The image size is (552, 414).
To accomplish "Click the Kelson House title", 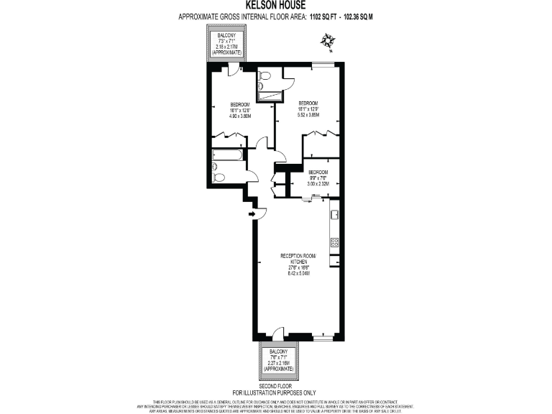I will (276, 6).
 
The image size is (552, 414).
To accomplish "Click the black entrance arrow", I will (252, 213).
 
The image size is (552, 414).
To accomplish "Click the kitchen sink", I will (334, 213).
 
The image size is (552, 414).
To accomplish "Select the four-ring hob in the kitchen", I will (335, 242).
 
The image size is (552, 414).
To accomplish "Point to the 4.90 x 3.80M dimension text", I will (239, 116).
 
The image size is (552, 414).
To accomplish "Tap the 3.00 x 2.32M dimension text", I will (318, 184).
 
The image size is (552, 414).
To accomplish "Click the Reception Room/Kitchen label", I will (298, 259).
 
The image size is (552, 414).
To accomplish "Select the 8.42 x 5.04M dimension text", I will (298, 273).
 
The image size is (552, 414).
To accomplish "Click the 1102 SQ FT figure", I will (326, 15).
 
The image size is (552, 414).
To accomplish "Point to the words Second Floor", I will (280, 386).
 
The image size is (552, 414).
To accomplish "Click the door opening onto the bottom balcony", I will (277, 333).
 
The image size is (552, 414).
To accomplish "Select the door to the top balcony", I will (231, 70).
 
